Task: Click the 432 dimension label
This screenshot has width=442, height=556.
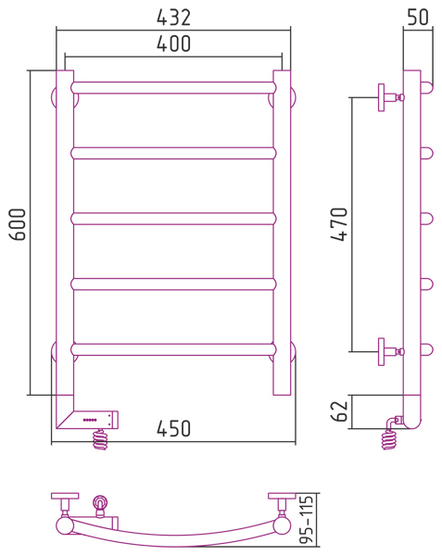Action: (173, 18)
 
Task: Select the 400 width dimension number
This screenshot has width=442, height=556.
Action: (173, 44)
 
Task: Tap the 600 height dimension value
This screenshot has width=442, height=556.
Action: (18, 224)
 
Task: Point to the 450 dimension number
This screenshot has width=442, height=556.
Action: (173, 428)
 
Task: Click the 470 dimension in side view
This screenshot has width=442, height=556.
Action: (339, 224)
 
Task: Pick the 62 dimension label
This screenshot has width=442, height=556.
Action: (339, 411)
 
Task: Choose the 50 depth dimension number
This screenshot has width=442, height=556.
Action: (418, 17)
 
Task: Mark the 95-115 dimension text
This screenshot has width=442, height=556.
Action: (306, 520)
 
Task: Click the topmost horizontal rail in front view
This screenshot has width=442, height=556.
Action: (173, 88)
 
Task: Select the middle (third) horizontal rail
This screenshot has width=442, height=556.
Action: (173, 219)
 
